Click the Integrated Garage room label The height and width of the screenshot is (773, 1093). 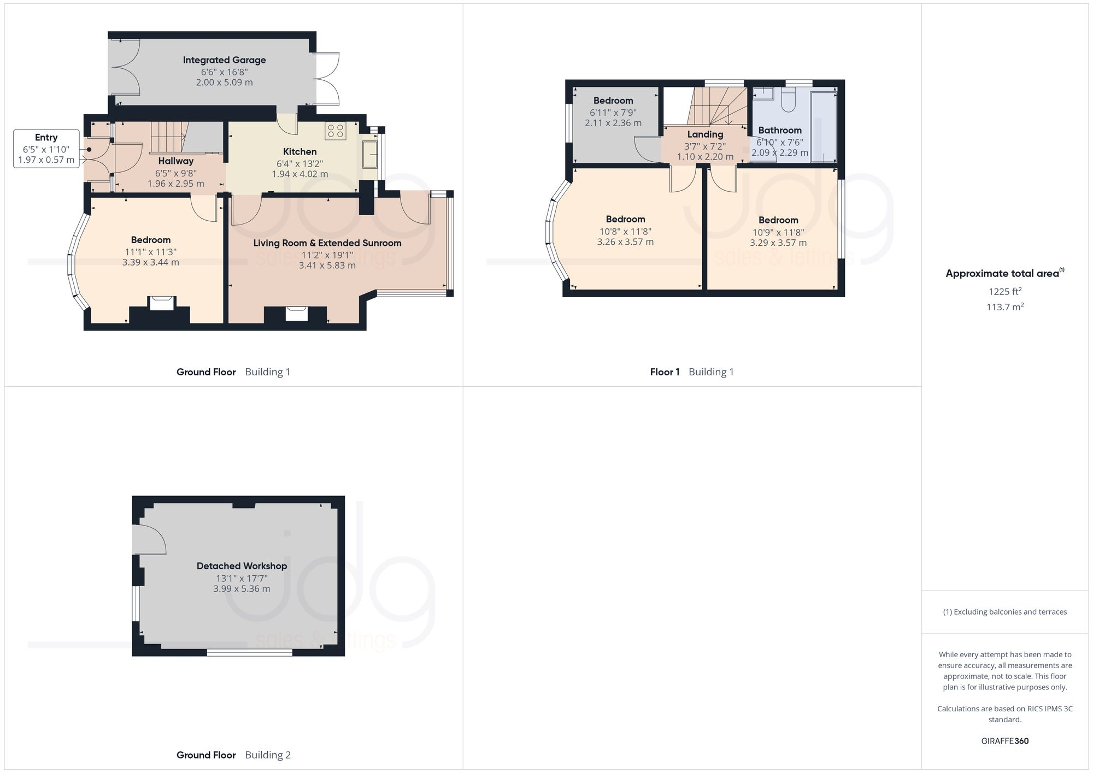coord(224,60)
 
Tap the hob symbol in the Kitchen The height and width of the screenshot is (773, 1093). coord(335,131)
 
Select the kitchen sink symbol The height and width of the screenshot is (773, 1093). coord(370,154)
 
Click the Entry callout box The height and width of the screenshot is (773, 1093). coord(46,149)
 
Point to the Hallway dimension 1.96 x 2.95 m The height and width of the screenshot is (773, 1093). coord(175,184)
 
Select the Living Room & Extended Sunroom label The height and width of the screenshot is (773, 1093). coord(327,243)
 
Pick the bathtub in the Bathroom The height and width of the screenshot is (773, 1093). coord(823,127)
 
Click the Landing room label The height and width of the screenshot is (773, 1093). coord(705,134)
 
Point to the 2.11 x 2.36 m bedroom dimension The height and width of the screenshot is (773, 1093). coord(613,123)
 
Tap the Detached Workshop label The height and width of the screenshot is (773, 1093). coord(242,566)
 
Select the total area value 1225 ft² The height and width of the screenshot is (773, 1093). coord(1004,292)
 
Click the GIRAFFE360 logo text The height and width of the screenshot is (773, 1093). coord(1004,741)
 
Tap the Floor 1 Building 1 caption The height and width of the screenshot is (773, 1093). coord(691,372)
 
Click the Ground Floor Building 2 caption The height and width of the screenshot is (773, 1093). coord(233,755)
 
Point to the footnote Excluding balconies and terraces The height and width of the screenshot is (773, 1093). coord(1004,612)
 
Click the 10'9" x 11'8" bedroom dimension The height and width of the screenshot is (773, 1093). coord(778,232)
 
